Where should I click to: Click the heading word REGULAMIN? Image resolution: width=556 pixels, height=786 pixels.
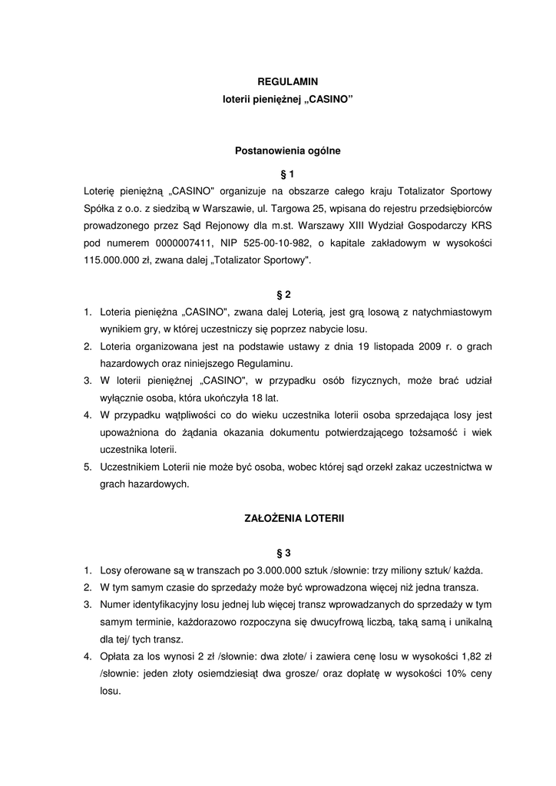(287, 81)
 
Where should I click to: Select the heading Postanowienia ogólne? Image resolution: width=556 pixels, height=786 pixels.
(287, 151)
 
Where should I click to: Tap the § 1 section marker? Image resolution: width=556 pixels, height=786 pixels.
(288, 173)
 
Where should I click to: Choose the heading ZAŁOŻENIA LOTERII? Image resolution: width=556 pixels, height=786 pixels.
(288, 519)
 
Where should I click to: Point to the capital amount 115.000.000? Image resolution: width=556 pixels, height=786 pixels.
(114, 260)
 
